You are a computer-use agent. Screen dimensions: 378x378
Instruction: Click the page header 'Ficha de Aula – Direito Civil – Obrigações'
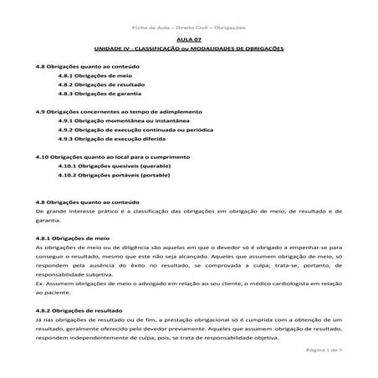tap(190, 28)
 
